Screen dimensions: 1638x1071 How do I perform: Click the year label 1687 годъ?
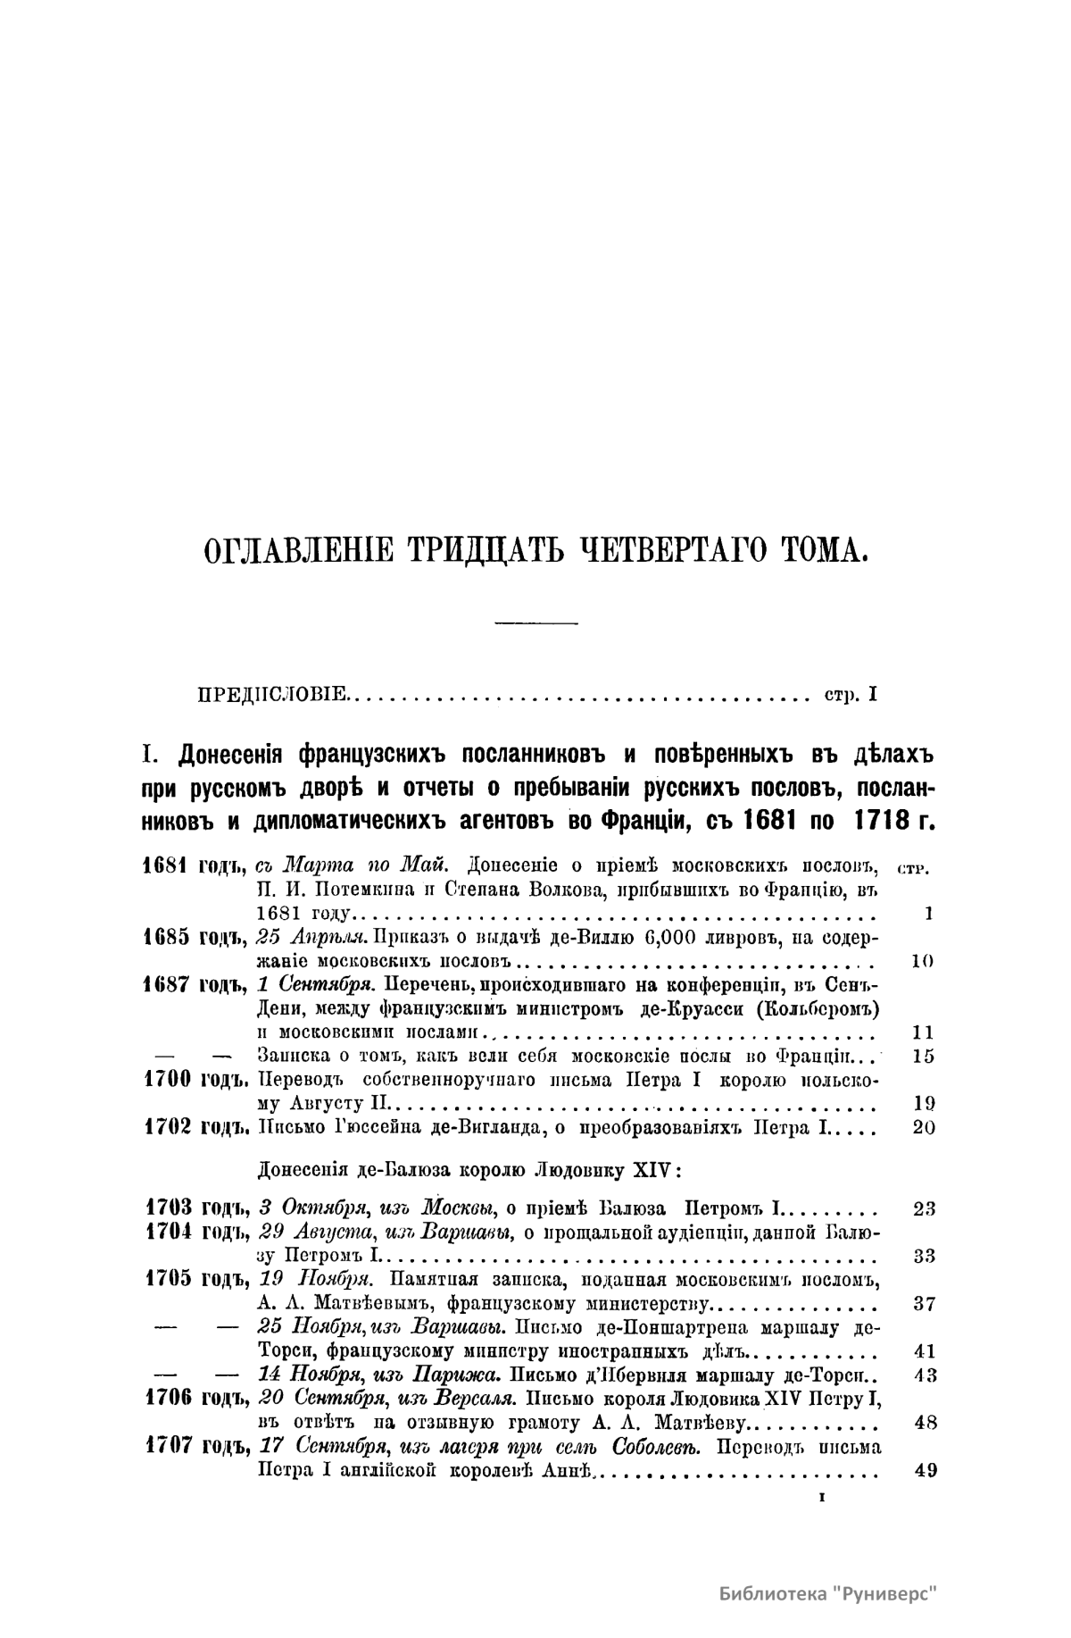[x=194, y=985]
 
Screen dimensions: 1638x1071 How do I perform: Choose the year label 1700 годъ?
[x=194, y=1080]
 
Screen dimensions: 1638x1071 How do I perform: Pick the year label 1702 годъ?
[x=194, y=1127]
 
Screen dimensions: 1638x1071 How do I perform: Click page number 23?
[x=925, y=1209]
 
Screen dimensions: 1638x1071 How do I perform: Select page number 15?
[x=925, y=1056]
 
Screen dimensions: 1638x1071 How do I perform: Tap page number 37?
[x=925, y=1303]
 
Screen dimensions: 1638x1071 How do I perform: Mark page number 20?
[x=925, y=1127]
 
